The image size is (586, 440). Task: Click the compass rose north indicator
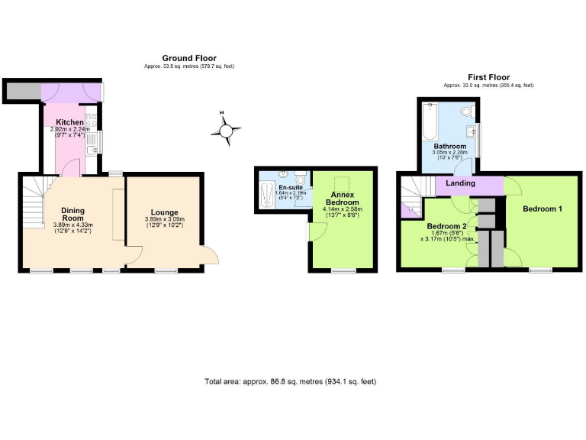point(225,131)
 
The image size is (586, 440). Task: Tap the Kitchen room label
point(69,122)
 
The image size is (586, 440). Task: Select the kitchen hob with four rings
point(92,120)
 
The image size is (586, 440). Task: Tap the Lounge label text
point(164,212)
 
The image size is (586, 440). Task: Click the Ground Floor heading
point(189,58)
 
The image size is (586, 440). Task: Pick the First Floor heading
point(488,77)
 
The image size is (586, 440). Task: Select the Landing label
point(460,183)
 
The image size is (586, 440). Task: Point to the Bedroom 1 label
point(543,208)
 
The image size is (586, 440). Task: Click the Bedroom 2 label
point(447,226)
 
